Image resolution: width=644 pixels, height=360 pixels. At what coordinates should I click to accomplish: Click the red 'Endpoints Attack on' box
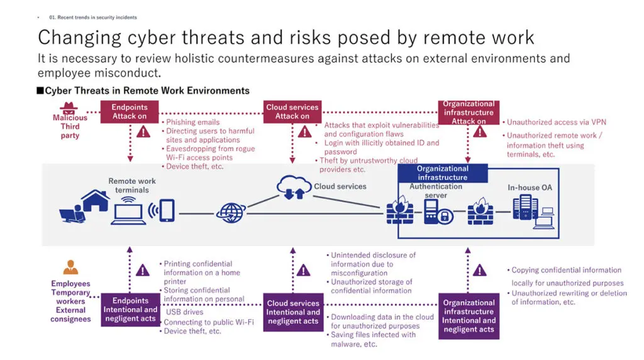coord(130,112)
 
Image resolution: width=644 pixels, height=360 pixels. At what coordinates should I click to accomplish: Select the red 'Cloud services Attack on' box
coord(292,111)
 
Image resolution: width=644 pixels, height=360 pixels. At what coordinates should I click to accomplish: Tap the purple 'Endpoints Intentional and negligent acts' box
coord(130,310)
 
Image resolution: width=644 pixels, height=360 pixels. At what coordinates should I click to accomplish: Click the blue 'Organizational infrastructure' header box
coord(442,173)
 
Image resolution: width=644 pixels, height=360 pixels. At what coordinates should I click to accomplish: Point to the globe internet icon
coord(231,212)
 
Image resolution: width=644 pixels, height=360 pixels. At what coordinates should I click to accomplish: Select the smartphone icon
coord(167,211)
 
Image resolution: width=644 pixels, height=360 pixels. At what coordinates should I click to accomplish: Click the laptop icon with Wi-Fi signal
coord(128,211)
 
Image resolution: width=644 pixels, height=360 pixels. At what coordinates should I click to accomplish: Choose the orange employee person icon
coord(70,267)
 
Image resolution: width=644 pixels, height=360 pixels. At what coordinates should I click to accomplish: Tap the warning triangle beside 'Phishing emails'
coord(144,131)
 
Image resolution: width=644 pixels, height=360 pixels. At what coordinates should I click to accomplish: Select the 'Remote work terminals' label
coord(132,185)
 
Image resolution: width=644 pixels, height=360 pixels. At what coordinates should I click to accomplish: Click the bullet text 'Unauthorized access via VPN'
coord(556,122)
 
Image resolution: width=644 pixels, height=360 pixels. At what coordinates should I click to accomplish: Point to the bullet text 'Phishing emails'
coord(192,122)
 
